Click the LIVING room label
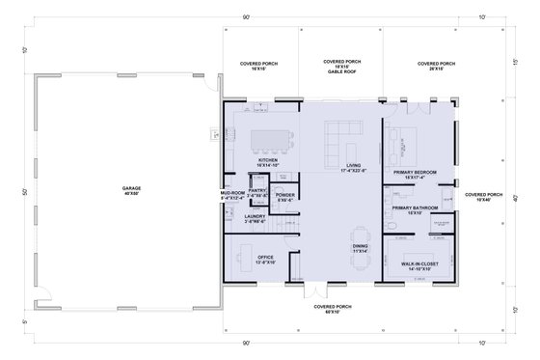click(x=352, y=167)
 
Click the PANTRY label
click(x=257, y=193)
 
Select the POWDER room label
click(x=284, y=196)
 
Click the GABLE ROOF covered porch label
click(x=340, y=66)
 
